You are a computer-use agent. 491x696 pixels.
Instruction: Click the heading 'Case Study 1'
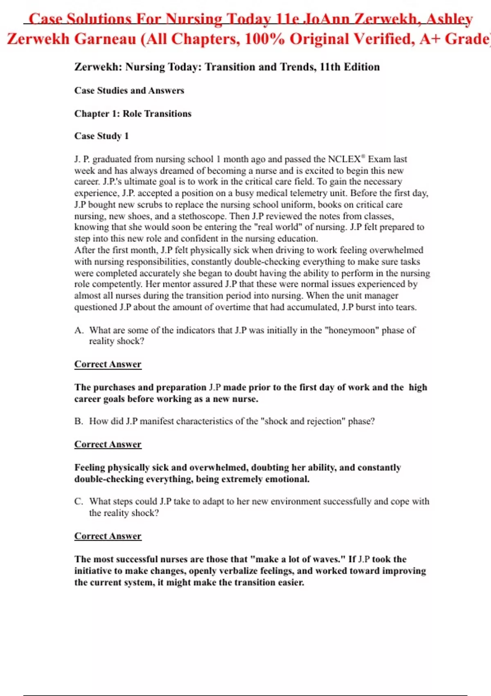[x=101, y=136]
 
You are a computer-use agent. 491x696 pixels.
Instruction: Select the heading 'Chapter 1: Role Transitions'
[x=133, y=113]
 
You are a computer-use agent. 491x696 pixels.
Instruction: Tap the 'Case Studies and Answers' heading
[x=129, y=90]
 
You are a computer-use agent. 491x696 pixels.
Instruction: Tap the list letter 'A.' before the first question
[x=79, y=330]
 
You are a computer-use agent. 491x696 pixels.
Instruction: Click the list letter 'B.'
[x=79, y=421]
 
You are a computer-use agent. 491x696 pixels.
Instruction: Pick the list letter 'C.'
[x=79, y=502]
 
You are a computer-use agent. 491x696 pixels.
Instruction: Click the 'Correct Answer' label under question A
[x=108, y=364]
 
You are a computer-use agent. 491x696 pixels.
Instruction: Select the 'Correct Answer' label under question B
[x=108, y=445]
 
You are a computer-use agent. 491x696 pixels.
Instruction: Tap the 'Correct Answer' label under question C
[x=108, y=536]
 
